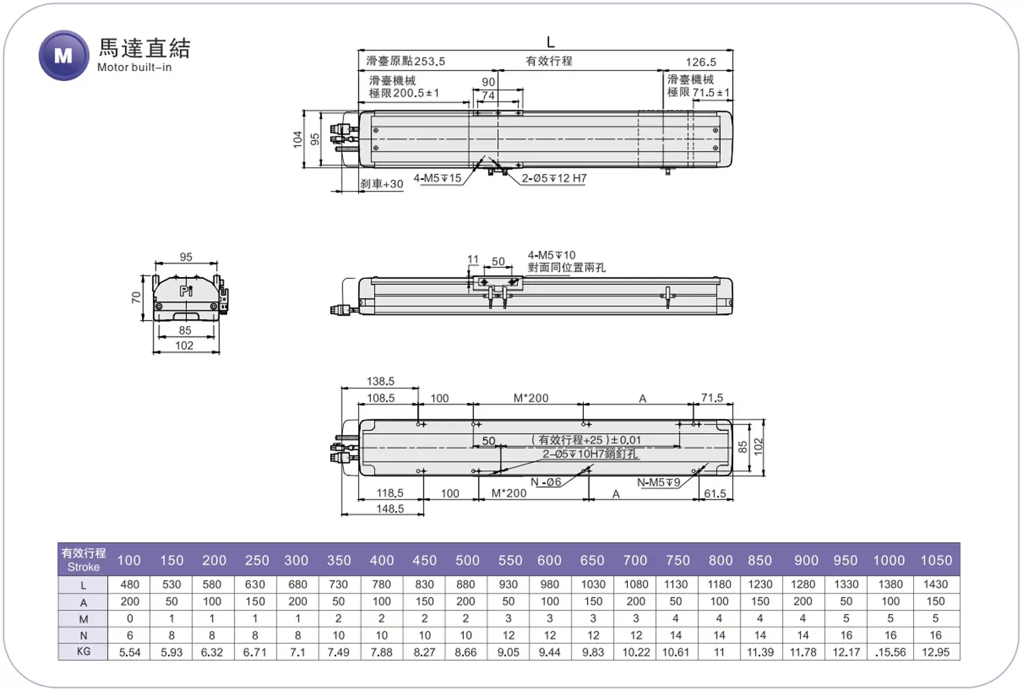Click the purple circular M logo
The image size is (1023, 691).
[x=63, y=56]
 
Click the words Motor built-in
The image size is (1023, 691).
[x=135, y=68]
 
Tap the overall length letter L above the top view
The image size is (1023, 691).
[x=550, y=42]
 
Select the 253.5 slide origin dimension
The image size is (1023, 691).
[x=429, y=61]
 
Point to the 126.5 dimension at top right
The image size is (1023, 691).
[x=700, y=62]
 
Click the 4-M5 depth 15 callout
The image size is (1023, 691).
[x=437, y=178]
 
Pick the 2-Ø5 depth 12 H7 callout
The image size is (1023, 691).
[x=554, y=178]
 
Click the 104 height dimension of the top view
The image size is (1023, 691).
[x=298, y=139]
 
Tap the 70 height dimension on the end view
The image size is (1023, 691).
[x=136, y=298]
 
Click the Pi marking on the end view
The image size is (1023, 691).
[x=186, y=291]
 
